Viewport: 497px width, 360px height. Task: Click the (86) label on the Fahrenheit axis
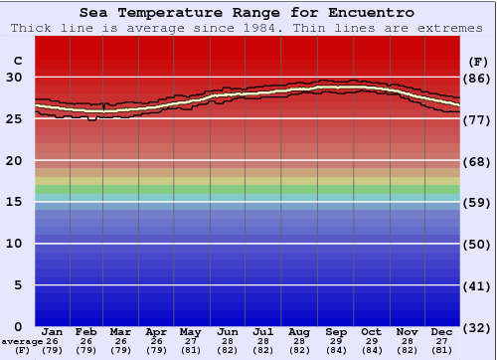(x=477, y=78)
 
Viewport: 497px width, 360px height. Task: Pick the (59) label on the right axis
(x=477, y=203)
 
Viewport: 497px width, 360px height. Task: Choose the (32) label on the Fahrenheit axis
(x=477, y=327)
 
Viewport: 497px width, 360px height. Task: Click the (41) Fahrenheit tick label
(x=477, y=285)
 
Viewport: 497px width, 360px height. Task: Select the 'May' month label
(x=190, y=331)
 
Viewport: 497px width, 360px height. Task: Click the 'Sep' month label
(x=336, y=331)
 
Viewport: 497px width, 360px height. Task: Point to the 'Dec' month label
(x=442, y=331)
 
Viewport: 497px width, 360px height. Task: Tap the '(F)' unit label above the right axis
(x=477, y=61)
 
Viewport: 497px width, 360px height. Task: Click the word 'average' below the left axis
(x=22, y=341)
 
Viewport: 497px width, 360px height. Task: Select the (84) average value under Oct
(x=371, y=350)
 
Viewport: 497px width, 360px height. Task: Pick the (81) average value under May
(x=190, y=350)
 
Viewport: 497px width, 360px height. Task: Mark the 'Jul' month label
(x=263, y=331)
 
